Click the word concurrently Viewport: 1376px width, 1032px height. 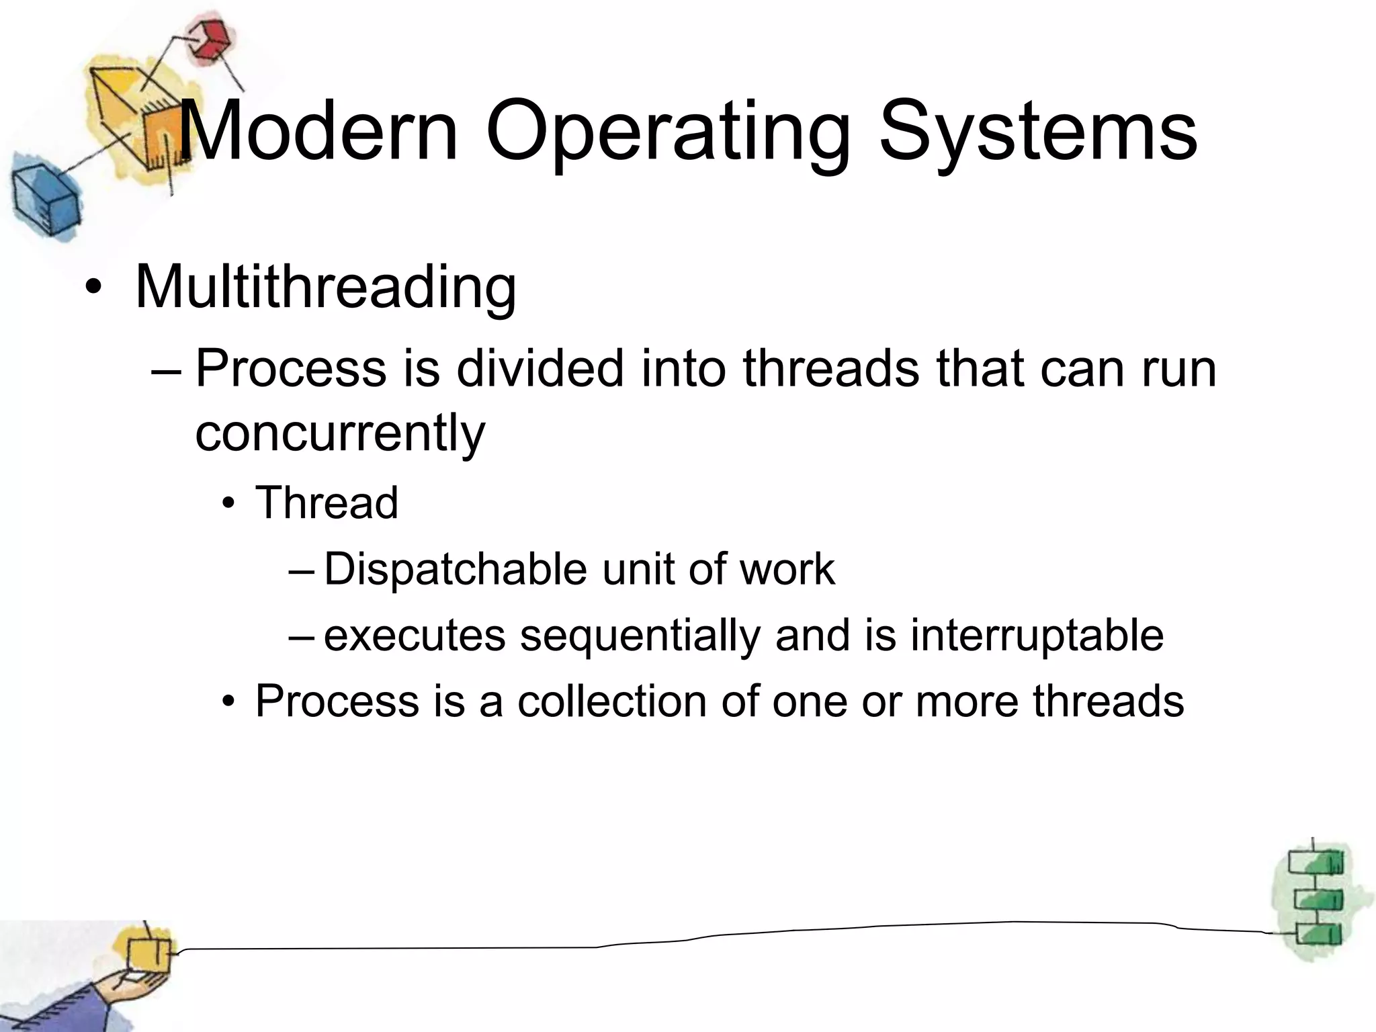(340, 433)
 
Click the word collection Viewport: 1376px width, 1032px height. (611, 701)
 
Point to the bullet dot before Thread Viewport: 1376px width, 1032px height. (230, 503)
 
